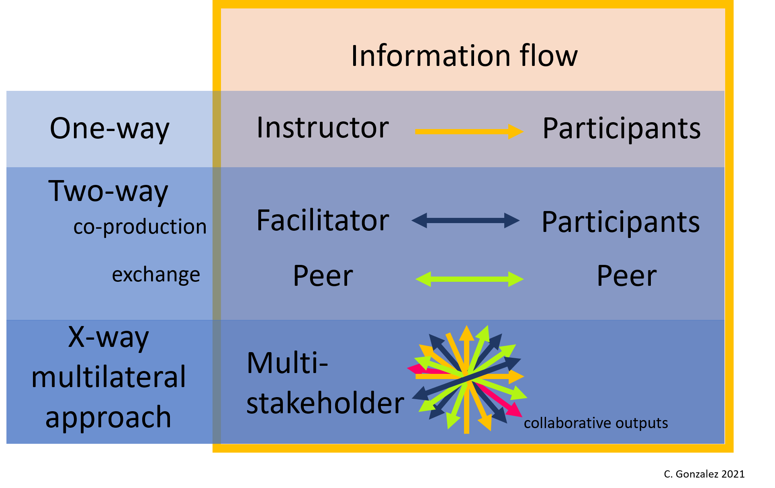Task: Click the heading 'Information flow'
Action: (464, 56)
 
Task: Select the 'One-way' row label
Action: (109, 129)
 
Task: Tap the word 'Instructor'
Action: (323, 128)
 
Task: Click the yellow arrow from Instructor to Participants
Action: (468, 131)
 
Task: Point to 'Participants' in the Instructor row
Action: (621, 129)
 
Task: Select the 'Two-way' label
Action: (108, 191)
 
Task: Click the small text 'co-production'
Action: (140, 227)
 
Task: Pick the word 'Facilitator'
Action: (323, 221)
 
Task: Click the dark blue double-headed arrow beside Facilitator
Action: (466, 220)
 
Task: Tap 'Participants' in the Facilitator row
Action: (620, 222)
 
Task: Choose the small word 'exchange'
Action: (156, 275)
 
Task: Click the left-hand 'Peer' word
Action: (323, 276)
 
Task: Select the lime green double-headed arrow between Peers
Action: (469, 279)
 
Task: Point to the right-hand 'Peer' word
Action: (626, 276)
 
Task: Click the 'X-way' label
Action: (108, 337)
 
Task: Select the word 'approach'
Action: (108, 417)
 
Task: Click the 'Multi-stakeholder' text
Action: (325, 383)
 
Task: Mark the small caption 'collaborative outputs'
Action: (595, 423)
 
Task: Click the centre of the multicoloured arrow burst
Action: (467, 378)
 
